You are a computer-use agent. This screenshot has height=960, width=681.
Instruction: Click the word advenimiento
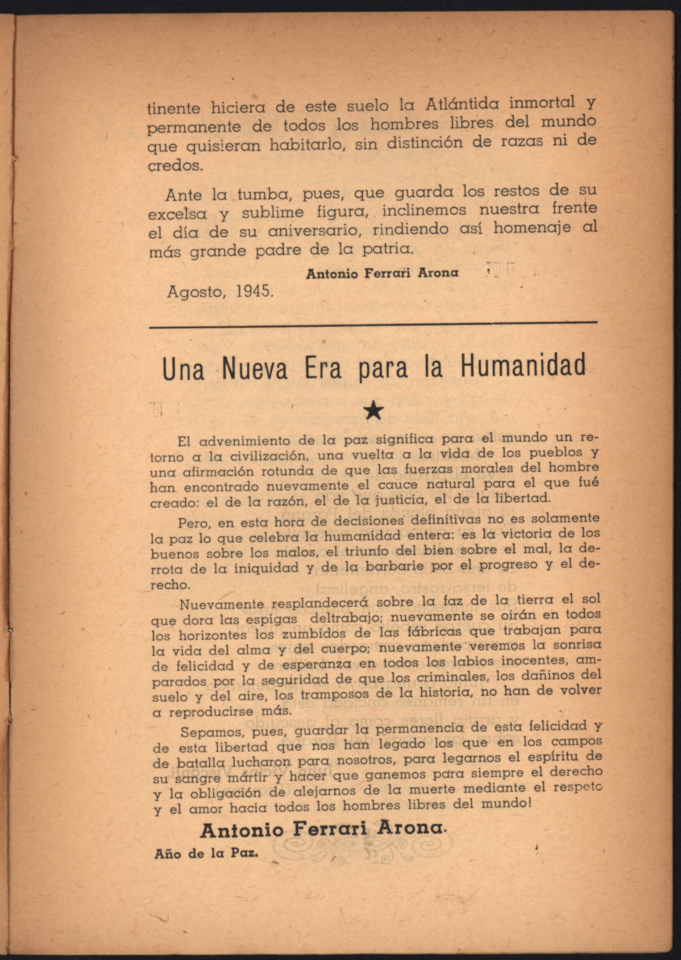pos(245,441)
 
